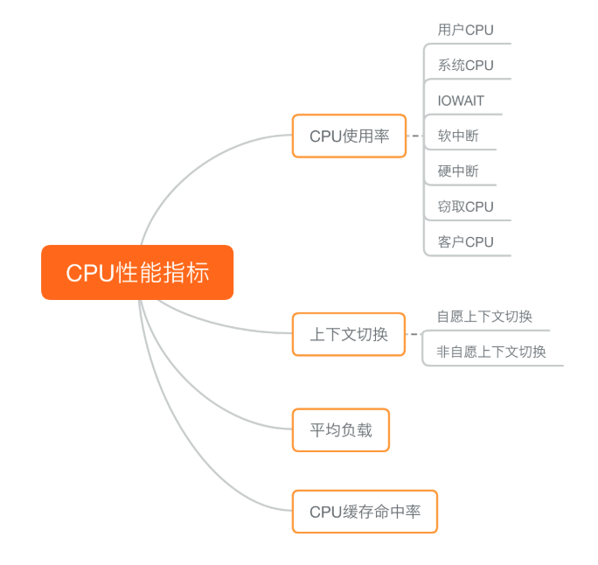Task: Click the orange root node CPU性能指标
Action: coord(137,272)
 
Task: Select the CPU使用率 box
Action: coord(349,136)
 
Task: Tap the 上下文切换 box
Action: coord(349,334)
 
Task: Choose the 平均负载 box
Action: coord(341,429)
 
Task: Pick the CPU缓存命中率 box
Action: coord(365,512)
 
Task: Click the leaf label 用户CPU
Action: coord(465,30)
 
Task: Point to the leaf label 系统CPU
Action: coord(465,66)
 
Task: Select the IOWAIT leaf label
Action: coord(461,101)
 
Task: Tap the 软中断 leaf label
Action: coord(458,136)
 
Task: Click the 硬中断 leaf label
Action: coord(458,171)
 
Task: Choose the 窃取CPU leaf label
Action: coord(465,206)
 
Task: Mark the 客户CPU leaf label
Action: coord(465,241)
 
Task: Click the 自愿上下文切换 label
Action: coord(484,317)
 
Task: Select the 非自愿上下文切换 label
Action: coord(491,352)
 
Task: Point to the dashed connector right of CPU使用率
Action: coord(415,136)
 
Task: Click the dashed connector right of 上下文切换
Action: coord(414,333)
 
